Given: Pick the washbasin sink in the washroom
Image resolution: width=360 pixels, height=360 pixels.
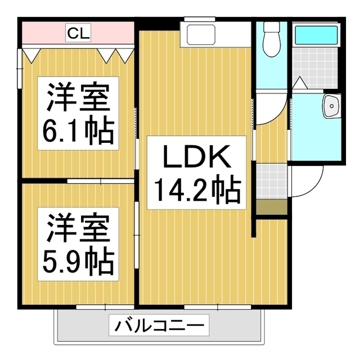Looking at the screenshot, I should pos(331,105).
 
